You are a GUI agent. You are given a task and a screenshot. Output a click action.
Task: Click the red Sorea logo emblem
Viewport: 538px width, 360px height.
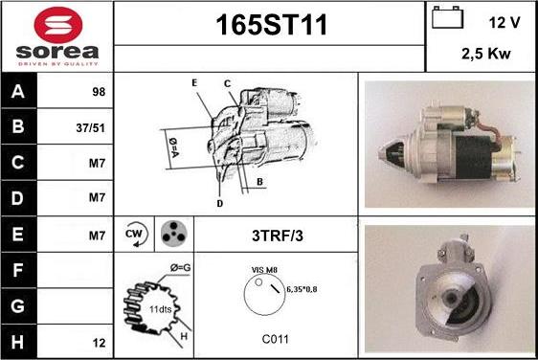(x=58, y=25)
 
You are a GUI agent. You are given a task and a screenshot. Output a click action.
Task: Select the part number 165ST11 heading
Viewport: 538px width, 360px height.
(x=271, y=25)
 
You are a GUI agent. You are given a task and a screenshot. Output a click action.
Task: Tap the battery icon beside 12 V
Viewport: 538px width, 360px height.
(x=447, y=17)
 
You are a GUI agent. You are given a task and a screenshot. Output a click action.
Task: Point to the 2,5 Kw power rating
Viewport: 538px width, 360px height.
(x=486, y=54)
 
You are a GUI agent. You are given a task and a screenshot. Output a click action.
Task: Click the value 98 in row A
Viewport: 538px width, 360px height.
(x=99, y=92)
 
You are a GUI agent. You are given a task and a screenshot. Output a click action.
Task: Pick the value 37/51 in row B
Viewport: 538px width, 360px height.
(x=90, y=128)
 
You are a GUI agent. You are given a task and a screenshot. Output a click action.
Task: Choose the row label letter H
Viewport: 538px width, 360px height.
(x=17, y=342)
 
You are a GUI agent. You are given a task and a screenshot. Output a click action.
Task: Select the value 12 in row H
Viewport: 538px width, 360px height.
(x=99, y=343)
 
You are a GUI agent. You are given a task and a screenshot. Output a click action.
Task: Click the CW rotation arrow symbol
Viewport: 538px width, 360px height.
(x=135, y=235)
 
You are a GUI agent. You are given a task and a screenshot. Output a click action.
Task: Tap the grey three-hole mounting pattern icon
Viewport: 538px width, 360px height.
(x=174, y=234)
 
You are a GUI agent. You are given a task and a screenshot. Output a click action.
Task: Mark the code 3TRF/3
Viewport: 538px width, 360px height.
(x=278, y=236)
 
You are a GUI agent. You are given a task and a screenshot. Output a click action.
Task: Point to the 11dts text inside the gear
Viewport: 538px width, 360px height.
(x=160, y=309)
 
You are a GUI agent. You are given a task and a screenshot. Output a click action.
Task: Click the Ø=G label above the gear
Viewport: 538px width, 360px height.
(x=181, y=267)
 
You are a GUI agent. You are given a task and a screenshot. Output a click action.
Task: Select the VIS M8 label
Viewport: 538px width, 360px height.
(x=264, y=270)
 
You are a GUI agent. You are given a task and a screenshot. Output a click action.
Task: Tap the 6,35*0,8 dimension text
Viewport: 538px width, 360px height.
(x=302, y=289)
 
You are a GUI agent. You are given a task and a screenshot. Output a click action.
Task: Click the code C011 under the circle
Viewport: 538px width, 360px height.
(x=275, y=339)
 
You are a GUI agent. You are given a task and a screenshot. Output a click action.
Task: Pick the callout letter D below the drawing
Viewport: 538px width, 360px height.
(x=220, y=204)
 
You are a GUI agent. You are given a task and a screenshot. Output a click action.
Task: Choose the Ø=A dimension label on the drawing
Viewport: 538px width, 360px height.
(x=174, y=147)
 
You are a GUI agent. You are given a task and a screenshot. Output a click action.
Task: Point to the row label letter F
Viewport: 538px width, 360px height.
(x=17, y=270)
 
